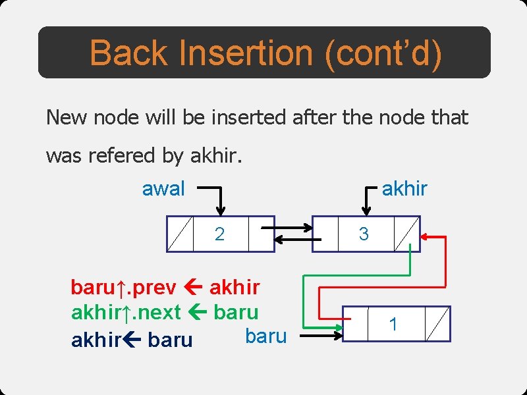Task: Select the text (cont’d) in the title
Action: tap(383, 53)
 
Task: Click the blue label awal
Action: tap(163, 189)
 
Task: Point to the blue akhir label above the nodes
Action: tap(404, 189)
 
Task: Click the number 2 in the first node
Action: tap(220, 234)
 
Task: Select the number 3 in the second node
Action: tap(364, 234)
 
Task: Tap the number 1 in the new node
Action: tap(393, 324)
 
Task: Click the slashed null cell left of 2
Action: tap(180, 234)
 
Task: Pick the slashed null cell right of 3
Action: tap(407, 234)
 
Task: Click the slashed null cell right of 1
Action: tap(437, 324)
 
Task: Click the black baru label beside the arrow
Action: tap(265, 336)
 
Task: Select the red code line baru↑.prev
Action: tap(165, 288)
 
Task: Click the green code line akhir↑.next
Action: tap(165, 312)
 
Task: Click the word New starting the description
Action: tap(67, 118)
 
